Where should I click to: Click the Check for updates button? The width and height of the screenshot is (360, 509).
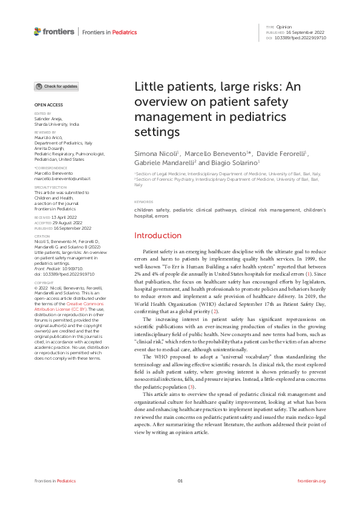click(x=56, y=86)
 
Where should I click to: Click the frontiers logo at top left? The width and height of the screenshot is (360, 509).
click(x=54, y=31)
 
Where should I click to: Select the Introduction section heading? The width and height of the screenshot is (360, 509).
click(x=157, y=235)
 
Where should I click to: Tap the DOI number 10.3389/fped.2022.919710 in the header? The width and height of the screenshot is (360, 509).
click(x=301, y=37)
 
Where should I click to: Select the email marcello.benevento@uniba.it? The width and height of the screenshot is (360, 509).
click(x=62, y=179)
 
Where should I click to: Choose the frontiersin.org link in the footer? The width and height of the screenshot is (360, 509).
click(x=312, y=481)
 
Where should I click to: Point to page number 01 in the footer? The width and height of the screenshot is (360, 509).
click(x=180, y=481)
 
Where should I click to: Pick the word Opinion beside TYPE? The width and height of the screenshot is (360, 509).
click(x=284, y=27)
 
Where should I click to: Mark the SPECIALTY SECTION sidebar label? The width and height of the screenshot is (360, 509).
click(x=50, y=188)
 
